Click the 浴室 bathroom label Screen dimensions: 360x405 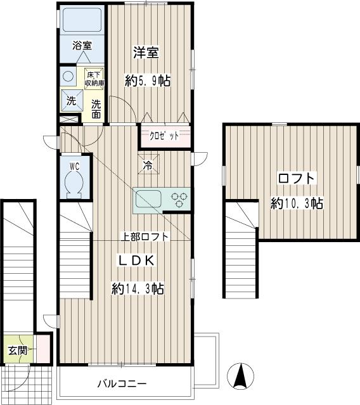coord(82,46)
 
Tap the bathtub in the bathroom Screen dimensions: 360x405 coord(82,20)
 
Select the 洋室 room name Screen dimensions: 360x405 coord(146,53)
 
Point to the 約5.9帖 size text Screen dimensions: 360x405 coord(148,80)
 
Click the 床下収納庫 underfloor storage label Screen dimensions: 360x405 coord(94,79)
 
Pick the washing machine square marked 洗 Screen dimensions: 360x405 coord(72,101)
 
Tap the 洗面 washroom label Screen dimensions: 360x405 coord(96,109)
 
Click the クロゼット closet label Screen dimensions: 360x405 coord(165,136)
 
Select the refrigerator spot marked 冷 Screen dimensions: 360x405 coord(148,164)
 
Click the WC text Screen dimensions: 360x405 coord(74,166)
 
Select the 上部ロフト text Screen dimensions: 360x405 coord(145,236)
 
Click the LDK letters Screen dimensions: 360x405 coord(137,260)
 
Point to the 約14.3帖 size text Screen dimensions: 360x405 coord(138,288)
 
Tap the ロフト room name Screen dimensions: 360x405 coord(297,178)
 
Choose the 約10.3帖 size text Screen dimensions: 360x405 coord(297,203)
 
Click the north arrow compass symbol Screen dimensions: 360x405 coord(241,376)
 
